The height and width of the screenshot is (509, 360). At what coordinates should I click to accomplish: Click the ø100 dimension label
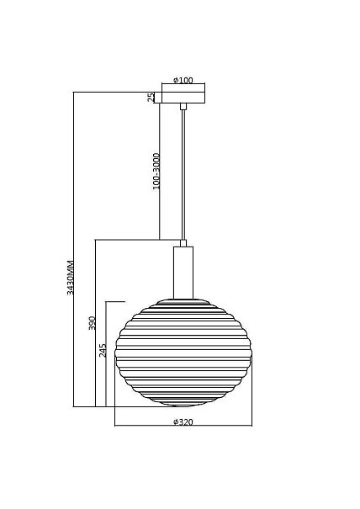click(183, 80)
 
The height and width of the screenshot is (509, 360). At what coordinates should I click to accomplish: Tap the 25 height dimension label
click(151, 98)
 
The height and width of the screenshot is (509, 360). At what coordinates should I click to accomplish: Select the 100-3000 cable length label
click(156, 172)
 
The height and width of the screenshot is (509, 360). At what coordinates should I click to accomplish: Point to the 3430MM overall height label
click(70, 278)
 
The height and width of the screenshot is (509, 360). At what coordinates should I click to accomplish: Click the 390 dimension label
click(93, 323)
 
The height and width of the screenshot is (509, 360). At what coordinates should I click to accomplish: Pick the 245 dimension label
click(103, 351)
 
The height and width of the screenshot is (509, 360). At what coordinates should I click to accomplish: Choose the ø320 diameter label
click(183, 422)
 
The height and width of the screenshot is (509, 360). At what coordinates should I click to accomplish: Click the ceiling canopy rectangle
click(183, 98)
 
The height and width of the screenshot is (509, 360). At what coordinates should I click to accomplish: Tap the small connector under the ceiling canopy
click(183, 107)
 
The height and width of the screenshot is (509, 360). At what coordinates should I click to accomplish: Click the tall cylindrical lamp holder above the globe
click(183, 273)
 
